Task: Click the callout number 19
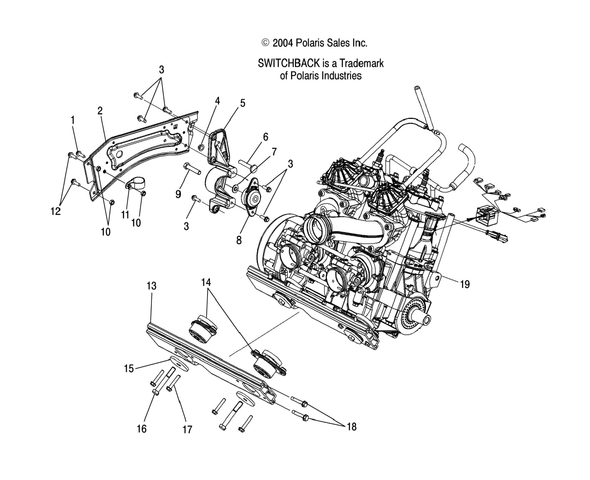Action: [x=465, y=284]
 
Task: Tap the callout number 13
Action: [x=151, y=286]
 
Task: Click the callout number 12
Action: [x=55, y=212]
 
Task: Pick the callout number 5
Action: [x=242, y=103]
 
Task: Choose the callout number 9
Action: [x=178, y=194]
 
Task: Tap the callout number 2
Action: [x=100, y=111]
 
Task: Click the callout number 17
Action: [x=187, y=430]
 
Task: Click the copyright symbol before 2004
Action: [x=265, y=43]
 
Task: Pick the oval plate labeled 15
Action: [x=178, y=365]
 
